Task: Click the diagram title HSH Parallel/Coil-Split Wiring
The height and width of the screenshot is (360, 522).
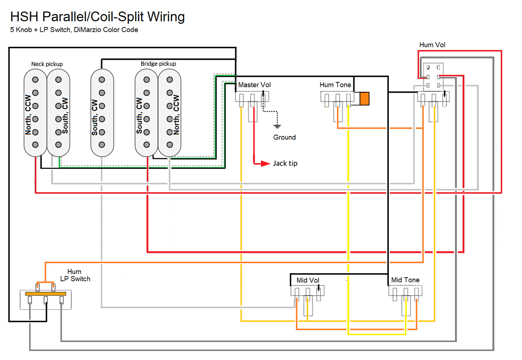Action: pyautogui.click(x=97, y=17)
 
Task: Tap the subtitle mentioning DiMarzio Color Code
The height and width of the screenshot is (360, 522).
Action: pyautogui.click(x=74, y=30)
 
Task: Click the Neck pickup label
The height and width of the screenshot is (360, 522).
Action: pyautogui.click(x=47, y=64)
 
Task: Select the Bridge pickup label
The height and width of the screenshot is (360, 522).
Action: pyautogui.click(x=158, y=64)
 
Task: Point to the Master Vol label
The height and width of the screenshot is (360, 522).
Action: pyautogui.click(x=254, y=85)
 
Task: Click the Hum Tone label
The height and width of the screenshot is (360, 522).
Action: pyautogui.click(x=335, y=85)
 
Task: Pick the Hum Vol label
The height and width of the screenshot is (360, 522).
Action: pyautogui.click(x=432, y=45)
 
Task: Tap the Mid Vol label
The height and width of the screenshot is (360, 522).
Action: pyautogui.click(x=308, y=280)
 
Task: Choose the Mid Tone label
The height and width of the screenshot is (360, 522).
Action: pyautogui.click(x=405, y=280)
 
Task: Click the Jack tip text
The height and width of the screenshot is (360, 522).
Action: pyautogui.click(x=285, y=163)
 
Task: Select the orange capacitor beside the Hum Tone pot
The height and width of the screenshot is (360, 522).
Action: pyautogui.click(x=364, y=99)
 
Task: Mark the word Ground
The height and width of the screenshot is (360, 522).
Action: pyautogui.click(x=284, y=137)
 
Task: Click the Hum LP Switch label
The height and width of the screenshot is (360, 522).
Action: pyautogui.click(x=75, y=275)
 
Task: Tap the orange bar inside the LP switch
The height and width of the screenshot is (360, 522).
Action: pyautogui.click(x=46, y=294)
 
